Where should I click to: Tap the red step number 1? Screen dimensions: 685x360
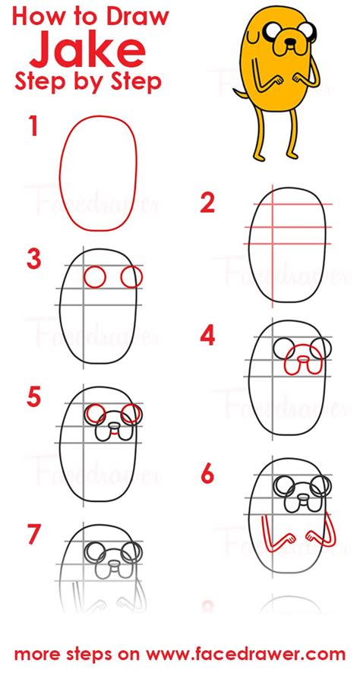coord(33,127)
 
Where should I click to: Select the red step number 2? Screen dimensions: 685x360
coord(207,203)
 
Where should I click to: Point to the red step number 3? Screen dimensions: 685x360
coord(34,260)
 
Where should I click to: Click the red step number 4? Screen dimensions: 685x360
coord(208,335)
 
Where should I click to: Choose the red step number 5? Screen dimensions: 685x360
coord(33,396)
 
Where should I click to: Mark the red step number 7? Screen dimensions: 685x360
coord(34,534)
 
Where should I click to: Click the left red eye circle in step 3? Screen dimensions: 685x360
coord(94,277)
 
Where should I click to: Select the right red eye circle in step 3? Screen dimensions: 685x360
coord(131,277)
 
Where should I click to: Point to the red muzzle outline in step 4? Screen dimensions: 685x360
coord(302,363)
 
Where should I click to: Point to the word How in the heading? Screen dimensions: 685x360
coord(39,17)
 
